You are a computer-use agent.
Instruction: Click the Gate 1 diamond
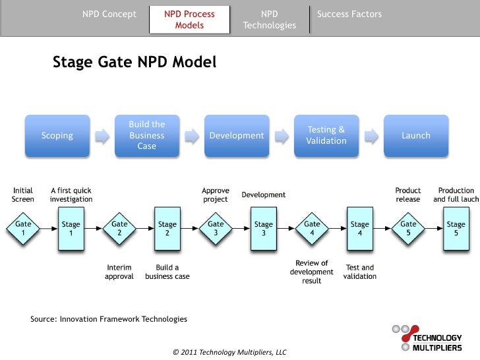coord(23,228)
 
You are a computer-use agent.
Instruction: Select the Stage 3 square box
coord(264,228)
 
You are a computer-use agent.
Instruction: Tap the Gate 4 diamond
coord(312,228)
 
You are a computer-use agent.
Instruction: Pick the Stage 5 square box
coord(456,228)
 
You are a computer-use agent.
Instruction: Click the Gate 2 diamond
coord(119,228)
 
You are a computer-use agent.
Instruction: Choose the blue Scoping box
coord(57,136)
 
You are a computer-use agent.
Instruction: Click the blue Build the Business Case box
coord(147,135)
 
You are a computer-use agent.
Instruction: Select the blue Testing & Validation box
coord(326,136)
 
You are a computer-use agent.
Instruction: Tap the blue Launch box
coord(416,136)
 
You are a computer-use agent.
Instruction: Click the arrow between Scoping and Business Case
coord(102,136)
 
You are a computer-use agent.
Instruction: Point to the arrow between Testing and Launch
coord(371,136)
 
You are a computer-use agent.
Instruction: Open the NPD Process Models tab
coord(190,20)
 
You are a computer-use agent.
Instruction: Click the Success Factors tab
coord(349,15)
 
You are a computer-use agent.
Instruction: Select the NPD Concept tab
coord(109,15)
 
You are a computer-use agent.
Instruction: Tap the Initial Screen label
coord(23,195)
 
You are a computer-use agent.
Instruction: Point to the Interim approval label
coord(119,272)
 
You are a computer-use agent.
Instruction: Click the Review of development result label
coord(312,272)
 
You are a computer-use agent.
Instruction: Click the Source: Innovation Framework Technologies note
coord(109,319)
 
